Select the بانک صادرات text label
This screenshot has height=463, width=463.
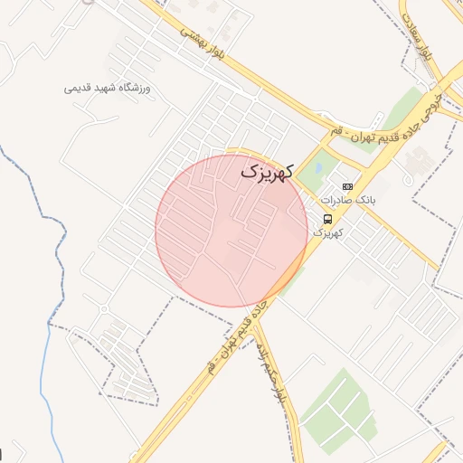(x=346, y=199)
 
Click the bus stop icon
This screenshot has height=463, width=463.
(x=326, y=218)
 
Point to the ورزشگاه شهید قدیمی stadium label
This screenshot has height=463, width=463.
(x=111, y=88)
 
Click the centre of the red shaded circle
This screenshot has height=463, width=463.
(x=231, y=231)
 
